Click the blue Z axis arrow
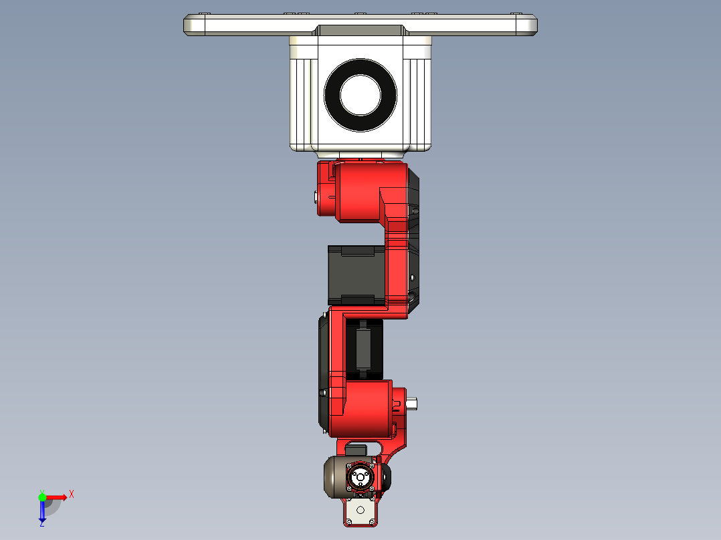(x=42, y=511)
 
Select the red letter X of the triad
(x=72, y=494)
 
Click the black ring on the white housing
(x=333, y=95)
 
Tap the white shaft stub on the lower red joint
(x=411, y=403)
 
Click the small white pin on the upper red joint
(x=316, y=196)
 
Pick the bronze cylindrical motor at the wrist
(x=334, y=477)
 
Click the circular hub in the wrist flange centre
(x=360, y=477)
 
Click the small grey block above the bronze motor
(x=357, y=449)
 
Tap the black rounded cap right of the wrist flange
(x=387, y=477)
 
